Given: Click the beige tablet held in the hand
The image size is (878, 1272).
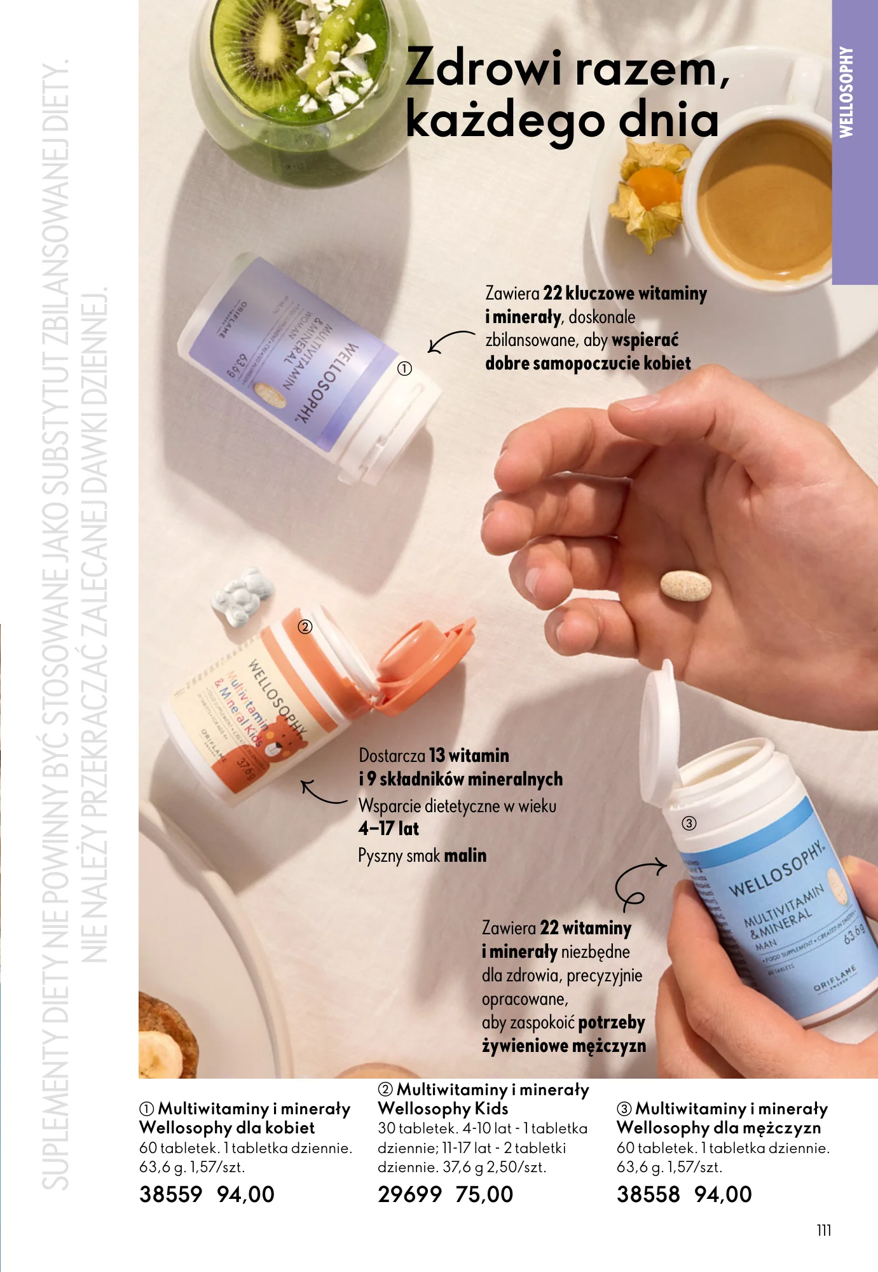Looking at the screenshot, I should pyautogui.click(x=685, y=585).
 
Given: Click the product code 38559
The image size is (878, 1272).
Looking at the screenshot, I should pyautogui.click(x=170, y=1194).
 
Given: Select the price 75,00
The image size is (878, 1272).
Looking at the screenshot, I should pyautogui.click(x=484, y=1194).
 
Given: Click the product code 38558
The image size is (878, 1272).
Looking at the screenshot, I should pyautogui.click(x=648, y=1194).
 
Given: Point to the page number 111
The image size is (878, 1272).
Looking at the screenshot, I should pyautogui.click(x=823, y=1230).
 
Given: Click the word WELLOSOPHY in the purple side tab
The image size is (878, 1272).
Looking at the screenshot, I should pyautogui.click(x=846, y=92).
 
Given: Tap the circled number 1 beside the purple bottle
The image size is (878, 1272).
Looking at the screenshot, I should pyautogui.click(x=404, y=368).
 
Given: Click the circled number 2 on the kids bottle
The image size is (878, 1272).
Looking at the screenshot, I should pyautogui.click(x=305, y=627).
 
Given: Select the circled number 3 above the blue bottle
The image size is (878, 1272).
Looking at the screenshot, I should pyautogui.click(x=689, y=823).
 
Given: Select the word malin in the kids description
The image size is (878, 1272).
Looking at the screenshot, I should pyautogui.click(x=465, y=855).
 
